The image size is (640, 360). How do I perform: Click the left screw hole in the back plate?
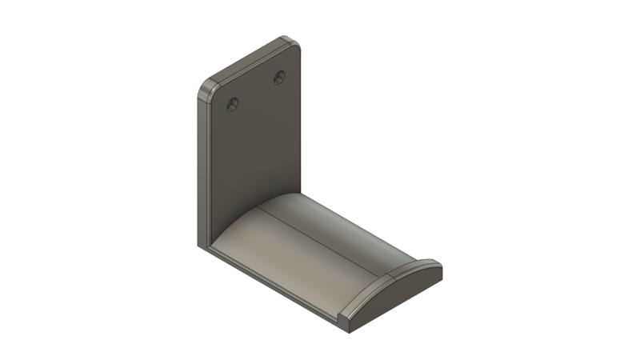click(233, 103)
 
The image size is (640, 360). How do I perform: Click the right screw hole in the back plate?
click(279, 77)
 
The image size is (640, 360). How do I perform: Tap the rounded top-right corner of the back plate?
click(293, 42)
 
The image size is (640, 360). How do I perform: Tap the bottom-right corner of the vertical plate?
click(302, 192)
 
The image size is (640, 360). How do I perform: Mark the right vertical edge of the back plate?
click(302, 120)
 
